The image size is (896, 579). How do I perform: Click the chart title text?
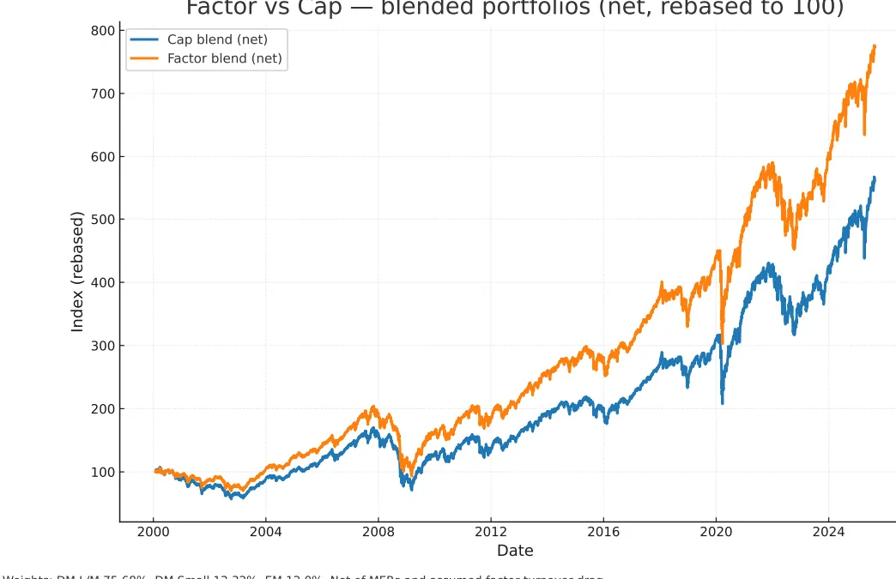pyautogui.click(x=515, y=9)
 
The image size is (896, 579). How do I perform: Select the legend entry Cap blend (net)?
pyautogui.click(x=217, y=39)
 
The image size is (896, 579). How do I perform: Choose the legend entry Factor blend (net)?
pyautogui.click(x=224, y=58)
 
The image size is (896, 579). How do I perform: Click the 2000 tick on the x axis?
pyautogui.click(x=154, y=532)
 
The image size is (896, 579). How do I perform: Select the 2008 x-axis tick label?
pyautogui.click(x=378, y=532)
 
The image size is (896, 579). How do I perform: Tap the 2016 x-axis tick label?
pyautogui.click(x=603, y=532)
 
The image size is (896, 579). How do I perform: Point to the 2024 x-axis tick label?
pyautogui.click(x=828, y=532)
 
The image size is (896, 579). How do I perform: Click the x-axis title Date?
pyautogui.click(x=515, y=551)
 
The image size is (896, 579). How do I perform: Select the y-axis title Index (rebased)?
pyautogui.click(x=77, y=271)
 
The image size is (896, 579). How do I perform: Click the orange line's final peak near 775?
pyautogui.click(x=874, y=46)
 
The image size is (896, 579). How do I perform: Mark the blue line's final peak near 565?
pyautogui.click(x=874, y=178)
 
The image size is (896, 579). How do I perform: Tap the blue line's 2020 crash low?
pyautogui.click(x=723, y=402)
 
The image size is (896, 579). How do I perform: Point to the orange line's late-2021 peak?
pyautogui.click(x=772, y=163)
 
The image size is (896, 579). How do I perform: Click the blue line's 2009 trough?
pyautogui.click(x=412, y=489)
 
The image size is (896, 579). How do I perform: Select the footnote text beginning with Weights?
pyautogui.click(x=300, y=576)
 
